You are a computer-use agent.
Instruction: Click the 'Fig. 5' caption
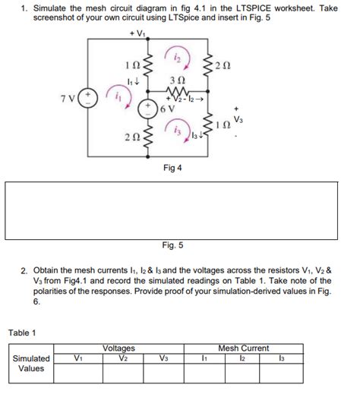coord(172,244)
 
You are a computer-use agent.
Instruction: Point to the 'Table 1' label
coord(24,332)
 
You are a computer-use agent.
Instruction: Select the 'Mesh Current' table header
coord(243,348)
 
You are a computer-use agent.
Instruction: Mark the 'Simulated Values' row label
coord(31,364)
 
